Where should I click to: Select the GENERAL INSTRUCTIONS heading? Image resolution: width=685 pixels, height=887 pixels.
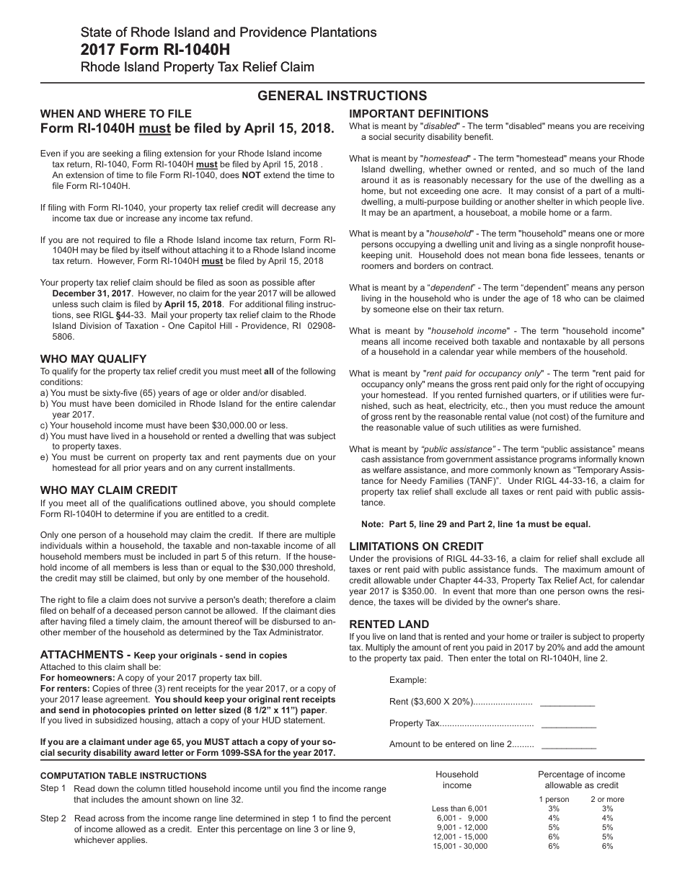[x=342, y=96]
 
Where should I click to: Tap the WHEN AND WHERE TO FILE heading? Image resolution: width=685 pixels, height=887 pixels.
[x=115, y=113]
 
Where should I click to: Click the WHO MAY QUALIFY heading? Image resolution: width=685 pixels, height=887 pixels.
[x=93, y=358]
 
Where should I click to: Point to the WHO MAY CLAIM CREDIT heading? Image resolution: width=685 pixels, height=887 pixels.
[x=108, y=490]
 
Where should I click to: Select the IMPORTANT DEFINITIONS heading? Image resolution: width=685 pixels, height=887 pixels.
[x=418, y=113]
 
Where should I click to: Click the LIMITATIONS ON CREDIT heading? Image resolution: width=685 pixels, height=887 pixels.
[x=416, y=546]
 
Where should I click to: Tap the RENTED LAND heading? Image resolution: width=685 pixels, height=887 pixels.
[x=389, y=624]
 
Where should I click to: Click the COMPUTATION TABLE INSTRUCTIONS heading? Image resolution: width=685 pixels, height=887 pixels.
[x=123, y=776]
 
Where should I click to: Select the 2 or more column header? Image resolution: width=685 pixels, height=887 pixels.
[x=607, y=799]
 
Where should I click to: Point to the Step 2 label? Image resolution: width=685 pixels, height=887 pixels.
[x=53, y=818]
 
